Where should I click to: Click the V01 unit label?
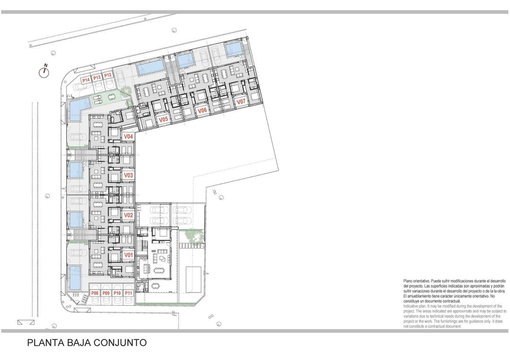[x=128, y=255]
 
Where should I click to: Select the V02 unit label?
[x=128, y=215]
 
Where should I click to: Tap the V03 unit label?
[x=128, y=176]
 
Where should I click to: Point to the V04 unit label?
[x=128, y=137]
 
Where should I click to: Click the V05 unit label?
[x=163, y=120]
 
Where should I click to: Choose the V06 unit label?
[x=202, y=110]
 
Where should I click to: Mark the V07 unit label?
[x=241, y=102]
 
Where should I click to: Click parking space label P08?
[x=95, y=293]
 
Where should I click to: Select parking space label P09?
[x=106, y=293]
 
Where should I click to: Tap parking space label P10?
[x=118, y=293]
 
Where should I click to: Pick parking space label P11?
[x=129, y=293]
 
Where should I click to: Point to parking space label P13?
[x=97, y=77]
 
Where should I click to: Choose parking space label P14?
[x=86, y=80]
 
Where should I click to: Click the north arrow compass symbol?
[x=44, y=71]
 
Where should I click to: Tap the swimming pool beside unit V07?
[x=233, y=49]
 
